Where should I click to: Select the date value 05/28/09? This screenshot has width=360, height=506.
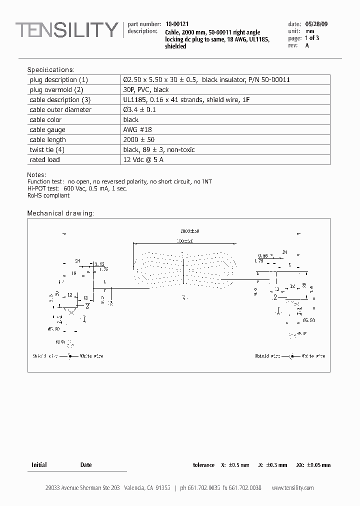(316, 23)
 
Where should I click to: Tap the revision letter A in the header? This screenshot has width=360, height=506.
(307, 45)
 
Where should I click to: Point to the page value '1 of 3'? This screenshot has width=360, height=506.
(312, 38)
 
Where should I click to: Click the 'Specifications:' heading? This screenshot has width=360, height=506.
(50, 69)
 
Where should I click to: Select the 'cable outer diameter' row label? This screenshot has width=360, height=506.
(60, 109)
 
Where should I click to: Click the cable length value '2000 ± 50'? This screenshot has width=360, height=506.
(139, 139)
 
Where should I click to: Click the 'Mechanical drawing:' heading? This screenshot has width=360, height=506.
(60, 213)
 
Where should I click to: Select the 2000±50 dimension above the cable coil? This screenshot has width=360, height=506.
(189, 231)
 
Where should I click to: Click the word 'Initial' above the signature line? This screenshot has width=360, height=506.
(39, 465)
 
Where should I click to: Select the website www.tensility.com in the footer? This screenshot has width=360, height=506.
(292, 488)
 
